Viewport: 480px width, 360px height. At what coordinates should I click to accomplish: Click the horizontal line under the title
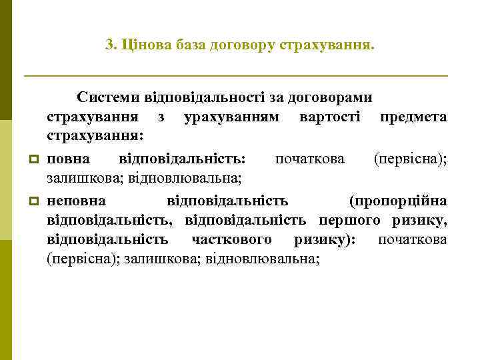click(x=235, y=77)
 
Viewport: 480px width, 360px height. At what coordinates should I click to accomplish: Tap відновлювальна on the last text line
click(x=263, y=259)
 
